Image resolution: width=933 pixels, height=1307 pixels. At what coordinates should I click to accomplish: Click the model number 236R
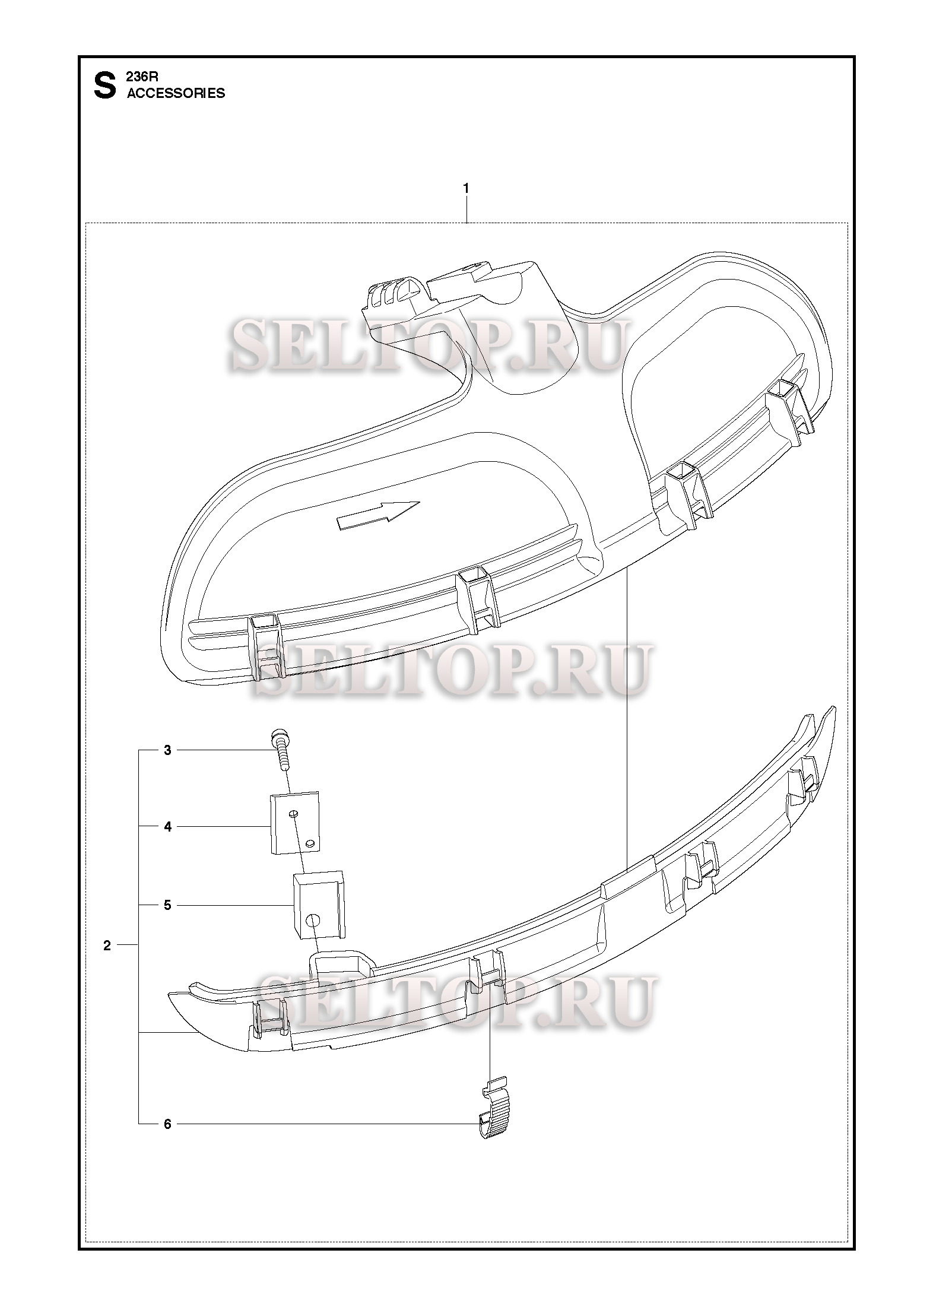[x=140, y=77]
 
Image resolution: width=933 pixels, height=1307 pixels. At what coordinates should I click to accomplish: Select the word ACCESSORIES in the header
[x=176, y=93]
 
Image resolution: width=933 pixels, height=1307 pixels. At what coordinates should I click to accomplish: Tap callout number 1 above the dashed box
[x=466, y=188]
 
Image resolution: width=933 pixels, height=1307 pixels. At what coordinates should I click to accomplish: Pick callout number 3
[x=167, y=750]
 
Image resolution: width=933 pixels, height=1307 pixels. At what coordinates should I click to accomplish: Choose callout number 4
[x=167, y=826]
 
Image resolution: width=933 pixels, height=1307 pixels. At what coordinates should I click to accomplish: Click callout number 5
[x=167, y=905]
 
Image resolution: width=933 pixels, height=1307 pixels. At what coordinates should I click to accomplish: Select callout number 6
[x=167, y=1124]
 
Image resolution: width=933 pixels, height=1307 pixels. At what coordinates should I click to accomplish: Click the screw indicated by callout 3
[x=281, y=750]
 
